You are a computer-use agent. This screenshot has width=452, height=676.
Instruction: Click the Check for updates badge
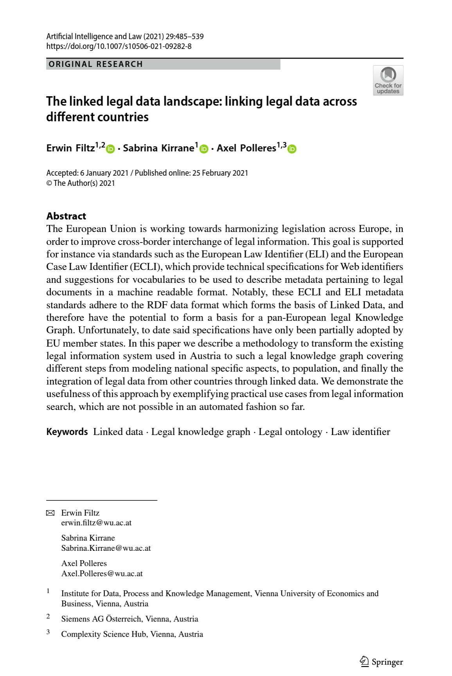click(x=388, y=81)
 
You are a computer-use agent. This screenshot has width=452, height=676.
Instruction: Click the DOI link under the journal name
click(x=119, y=46)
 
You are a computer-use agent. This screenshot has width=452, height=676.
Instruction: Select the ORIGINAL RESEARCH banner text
click(x=96, y=64)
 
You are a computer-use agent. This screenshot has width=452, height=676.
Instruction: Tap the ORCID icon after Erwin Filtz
click(x=111, y=149)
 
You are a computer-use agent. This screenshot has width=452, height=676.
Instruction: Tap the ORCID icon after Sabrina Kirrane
click(x=204, y=149)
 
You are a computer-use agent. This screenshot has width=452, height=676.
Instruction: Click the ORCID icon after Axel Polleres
click(x=292, y=149)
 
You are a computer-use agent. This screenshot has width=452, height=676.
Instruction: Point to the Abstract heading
click(x=66, y=216)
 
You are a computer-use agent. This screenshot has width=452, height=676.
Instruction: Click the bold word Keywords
click(x=67, y=432)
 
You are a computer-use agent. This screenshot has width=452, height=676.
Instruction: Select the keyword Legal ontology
click(x=290, y=432)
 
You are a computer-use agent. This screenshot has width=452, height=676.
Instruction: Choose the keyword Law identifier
click(x=360, y=432)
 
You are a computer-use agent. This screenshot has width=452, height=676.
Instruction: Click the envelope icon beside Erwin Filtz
click(x=50, y=513)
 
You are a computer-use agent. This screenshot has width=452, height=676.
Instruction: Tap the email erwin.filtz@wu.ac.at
click(x=96, y=523)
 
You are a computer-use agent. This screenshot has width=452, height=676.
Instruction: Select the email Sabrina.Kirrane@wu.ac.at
click(x=106, y=548)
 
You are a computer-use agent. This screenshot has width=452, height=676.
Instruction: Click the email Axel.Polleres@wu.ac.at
click(x=102, y=574)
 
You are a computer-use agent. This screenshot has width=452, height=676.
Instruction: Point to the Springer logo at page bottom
click(x=381, y=662)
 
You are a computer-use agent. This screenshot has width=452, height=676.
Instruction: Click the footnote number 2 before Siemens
click(x=48, y=617)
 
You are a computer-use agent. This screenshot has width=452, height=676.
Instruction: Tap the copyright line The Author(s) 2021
click(x=81, y=183)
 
